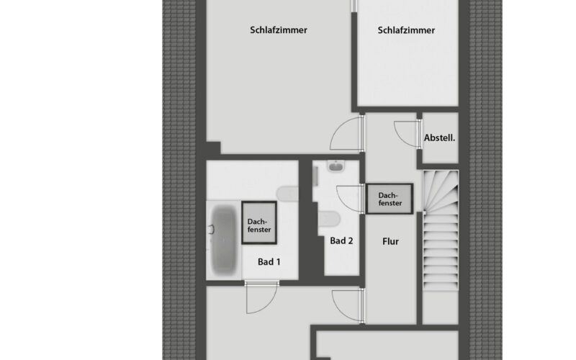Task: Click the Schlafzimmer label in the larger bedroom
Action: click(279, 30)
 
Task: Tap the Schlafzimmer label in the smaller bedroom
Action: click(406, 30)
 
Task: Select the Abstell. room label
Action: click(439, 136)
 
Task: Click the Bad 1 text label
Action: click(269, 262)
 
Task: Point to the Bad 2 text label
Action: click(341, 241)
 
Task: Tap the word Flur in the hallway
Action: click(390, 241)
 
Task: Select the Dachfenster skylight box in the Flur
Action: click(389, 199)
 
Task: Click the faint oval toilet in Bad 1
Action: click(287, 193)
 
